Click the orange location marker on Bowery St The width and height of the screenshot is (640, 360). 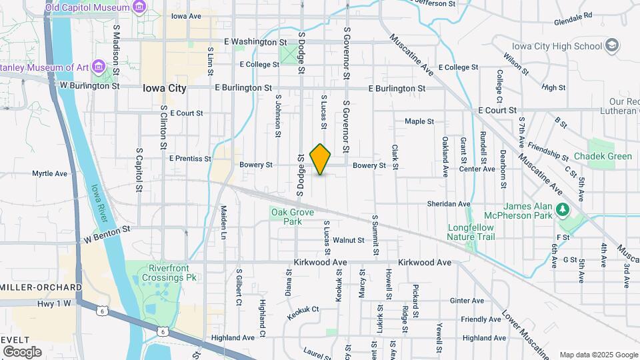coord(321,159)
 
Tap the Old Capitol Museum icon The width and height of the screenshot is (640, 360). coord(139,7)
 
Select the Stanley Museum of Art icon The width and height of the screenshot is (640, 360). coord(99,66)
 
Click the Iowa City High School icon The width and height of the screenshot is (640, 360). coord(613,45)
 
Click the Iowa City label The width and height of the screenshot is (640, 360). coord(164,88)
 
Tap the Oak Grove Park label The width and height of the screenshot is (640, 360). coord(287,217)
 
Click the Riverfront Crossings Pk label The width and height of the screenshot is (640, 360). coord(162,272)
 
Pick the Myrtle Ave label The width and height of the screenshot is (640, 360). coord(50,173)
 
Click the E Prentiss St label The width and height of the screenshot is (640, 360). coord(190,159)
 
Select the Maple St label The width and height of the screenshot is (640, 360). coord(419,121)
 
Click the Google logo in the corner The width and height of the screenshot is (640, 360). coord(22,351)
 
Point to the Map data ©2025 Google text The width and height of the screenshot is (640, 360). coord(598,355)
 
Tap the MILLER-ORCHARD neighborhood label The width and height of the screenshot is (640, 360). coord(41,287)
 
